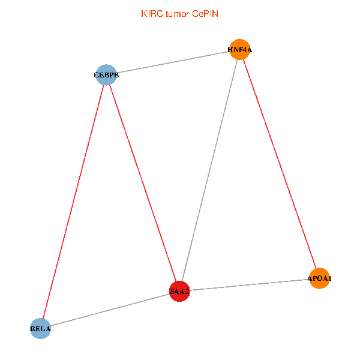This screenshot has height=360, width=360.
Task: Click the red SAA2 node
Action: [180, 292]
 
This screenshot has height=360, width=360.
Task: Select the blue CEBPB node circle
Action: [106, 75]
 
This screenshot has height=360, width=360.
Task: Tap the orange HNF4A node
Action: [240, 50]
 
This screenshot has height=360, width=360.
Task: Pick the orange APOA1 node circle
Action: [319, 278]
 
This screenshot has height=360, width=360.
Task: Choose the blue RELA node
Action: [41, 329]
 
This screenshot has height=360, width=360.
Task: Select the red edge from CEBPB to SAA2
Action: [143, 183]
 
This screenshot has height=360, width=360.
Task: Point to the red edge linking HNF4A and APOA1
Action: [280, 164]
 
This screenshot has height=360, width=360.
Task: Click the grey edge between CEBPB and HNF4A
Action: [173, 62]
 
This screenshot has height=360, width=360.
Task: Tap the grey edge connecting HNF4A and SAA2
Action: [210, 171]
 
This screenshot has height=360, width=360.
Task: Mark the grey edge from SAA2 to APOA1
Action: [250, 285]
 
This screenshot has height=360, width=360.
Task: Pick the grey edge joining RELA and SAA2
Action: [110, 310]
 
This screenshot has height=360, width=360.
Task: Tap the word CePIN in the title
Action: [205, 14]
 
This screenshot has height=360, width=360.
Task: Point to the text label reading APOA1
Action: [320, 279]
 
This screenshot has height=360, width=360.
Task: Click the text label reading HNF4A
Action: [240, 50]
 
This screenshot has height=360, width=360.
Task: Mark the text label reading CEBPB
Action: [106, 76]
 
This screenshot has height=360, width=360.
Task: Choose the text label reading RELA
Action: [41, 329]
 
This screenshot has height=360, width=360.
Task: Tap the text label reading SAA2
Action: [180, 292]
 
